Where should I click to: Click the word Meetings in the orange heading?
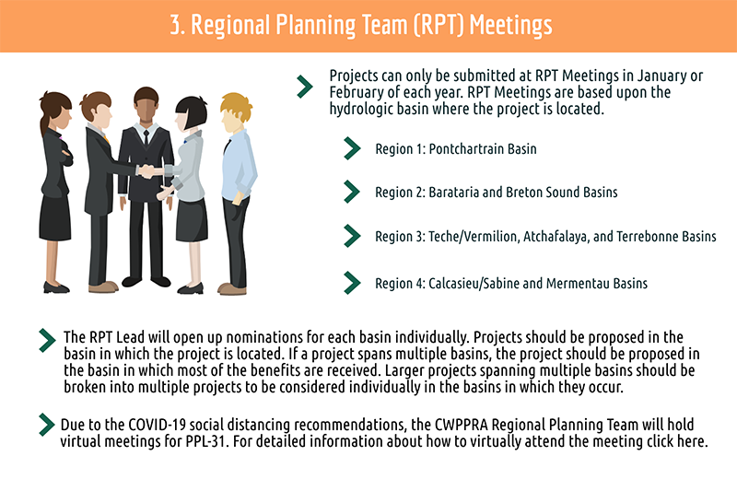coord(510,26)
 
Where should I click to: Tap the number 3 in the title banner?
coord(175,25)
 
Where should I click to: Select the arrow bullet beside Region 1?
coord(352,148)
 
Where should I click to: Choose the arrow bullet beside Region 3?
coord(352,236)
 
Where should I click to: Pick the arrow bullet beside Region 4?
coord(352,283)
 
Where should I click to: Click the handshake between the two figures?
coord(149,171)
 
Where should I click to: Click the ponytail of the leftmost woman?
coord(44,123)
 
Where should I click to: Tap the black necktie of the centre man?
coord(146,137)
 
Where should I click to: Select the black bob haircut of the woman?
coord(192,111)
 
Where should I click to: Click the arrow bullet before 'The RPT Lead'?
coord(48,340)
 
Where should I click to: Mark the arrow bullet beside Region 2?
coord(352,192)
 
